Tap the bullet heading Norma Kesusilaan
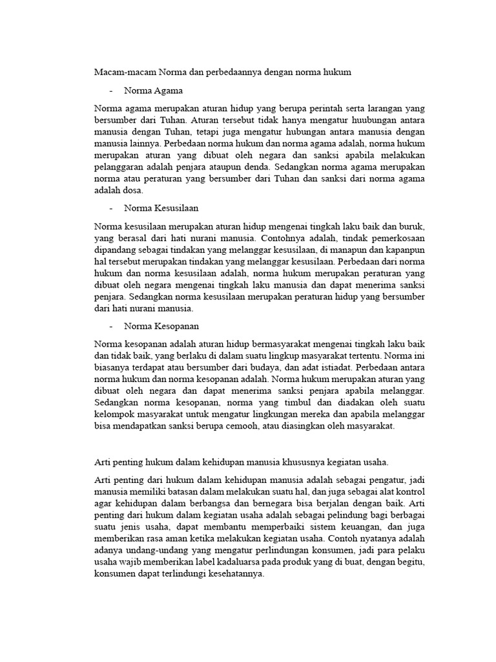(160, 208)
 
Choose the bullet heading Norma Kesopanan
(160, 326)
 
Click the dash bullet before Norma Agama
(111, 90)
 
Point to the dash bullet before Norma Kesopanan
(111, 326)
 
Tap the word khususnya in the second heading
(293, 461)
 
